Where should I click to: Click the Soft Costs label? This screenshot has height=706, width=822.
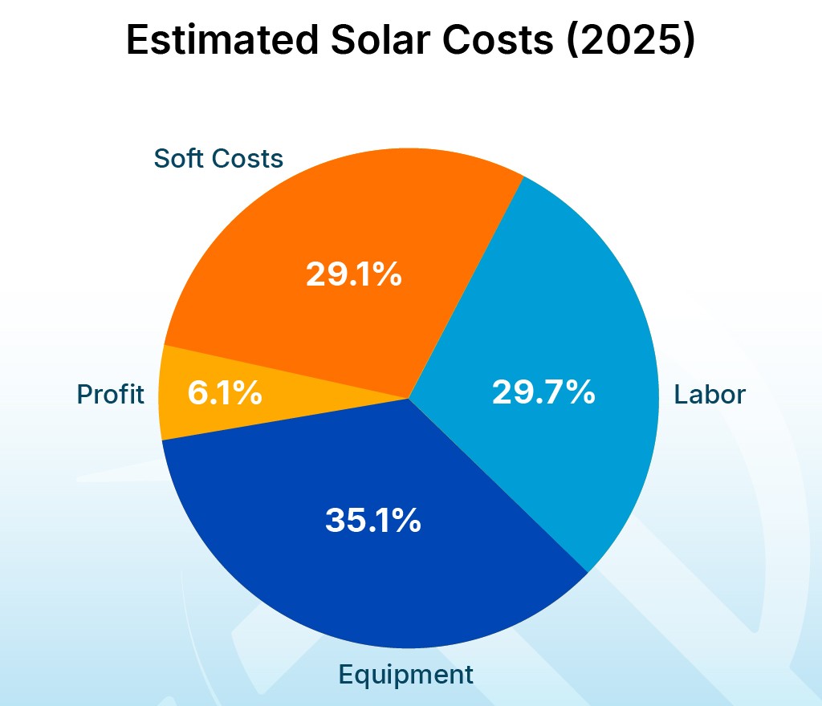[x=218, y=158]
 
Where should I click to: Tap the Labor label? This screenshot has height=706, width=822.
[x=710, y=394]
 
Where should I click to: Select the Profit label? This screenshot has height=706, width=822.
[x=111, y=394]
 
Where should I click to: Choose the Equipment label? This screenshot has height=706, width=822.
[x=405, y=674]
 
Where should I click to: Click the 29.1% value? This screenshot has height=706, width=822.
[x=353, y=275]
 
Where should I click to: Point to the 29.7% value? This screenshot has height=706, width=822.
[x=543, y=392]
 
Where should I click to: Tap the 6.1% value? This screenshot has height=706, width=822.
[x=224, y=393]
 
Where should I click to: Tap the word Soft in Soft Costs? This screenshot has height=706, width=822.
[x=177, y=158]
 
